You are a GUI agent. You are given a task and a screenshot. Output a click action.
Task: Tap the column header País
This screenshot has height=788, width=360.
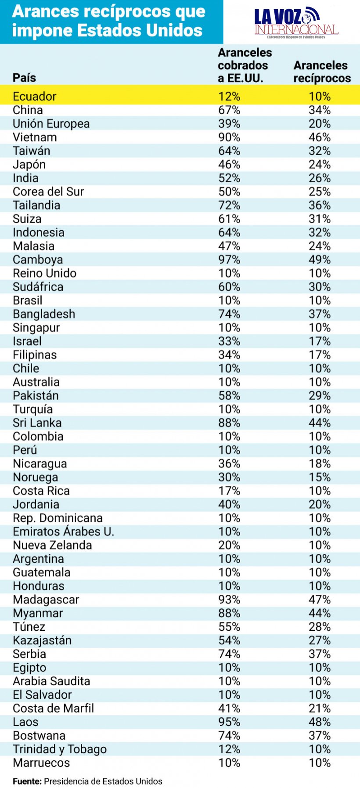point(24,78)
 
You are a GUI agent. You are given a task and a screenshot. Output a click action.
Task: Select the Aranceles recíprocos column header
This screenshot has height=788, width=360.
point(322,72)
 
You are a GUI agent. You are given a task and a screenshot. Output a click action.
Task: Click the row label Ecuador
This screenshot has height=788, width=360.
point(35,96)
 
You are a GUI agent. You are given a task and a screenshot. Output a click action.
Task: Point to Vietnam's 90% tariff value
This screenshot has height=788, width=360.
point(229,137)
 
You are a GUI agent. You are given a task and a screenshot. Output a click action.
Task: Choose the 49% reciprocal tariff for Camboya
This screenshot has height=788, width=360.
point(319,260)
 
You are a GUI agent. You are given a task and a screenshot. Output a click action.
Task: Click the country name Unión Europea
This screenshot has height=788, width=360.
point(51,123)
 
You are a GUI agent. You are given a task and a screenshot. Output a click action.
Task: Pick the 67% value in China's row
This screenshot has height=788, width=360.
point(229,110)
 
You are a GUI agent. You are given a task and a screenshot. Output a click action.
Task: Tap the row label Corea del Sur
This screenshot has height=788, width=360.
point(48,192)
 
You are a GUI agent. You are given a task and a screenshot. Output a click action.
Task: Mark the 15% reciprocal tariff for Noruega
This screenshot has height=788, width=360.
point(319,477)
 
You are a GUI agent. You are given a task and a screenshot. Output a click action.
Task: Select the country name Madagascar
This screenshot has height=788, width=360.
point(46,600)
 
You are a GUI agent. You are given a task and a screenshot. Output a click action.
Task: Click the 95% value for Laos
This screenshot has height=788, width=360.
point(229,722)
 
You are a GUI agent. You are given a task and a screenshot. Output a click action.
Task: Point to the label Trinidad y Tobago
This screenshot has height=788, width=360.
point(60,749)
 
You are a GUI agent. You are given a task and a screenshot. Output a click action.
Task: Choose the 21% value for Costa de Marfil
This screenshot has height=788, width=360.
point(319,708)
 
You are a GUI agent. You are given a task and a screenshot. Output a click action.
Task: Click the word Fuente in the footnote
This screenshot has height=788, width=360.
point(27,781)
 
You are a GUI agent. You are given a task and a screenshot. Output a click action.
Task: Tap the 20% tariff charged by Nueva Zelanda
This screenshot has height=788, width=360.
point(229,545)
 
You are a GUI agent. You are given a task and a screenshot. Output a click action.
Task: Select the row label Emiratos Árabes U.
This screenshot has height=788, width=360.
point(63,531)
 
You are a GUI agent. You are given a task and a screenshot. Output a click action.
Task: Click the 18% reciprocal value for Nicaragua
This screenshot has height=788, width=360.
point(319,463)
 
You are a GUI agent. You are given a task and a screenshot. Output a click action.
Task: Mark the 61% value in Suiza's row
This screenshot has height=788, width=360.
point(229,219)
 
